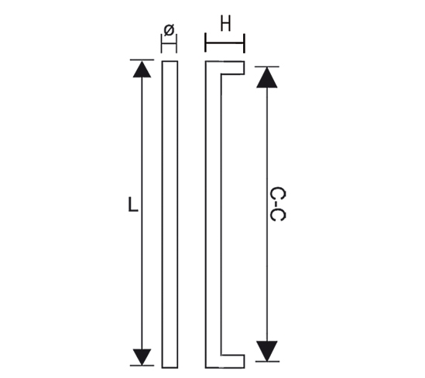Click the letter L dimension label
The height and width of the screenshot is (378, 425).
coord(133,204)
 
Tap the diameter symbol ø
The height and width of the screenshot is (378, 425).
coord(169,30)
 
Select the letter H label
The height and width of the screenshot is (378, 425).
coord(225,23)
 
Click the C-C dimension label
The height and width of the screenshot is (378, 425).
coord(278,204)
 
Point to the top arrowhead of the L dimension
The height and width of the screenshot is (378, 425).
coord(142,70)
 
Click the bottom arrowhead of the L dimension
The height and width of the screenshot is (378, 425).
coord(142,357)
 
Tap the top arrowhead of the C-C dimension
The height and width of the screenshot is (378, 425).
coord(267,77)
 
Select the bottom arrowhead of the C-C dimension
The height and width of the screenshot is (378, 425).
coord(267,351)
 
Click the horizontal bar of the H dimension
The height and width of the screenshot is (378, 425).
coord(225,43)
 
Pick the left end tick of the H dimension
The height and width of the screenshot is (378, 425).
coord(205,43)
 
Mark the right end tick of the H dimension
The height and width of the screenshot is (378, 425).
coord(245,43)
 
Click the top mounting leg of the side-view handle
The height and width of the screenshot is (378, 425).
coord(232,67)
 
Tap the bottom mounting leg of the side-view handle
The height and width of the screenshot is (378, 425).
coord(232,362)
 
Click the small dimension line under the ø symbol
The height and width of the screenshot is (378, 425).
coord(169,43)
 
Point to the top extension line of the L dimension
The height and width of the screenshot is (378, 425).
coord(142,60)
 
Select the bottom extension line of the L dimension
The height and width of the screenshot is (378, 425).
coord(142,366)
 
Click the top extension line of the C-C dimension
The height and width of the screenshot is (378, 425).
coord(267,66)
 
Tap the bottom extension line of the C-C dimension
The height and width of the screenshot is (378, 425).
coord(267,362)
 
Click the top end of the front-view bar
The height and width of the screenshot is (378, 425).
coord(170,61)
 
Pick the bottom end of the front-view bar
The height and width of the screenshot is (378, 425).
coord(170,368)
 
